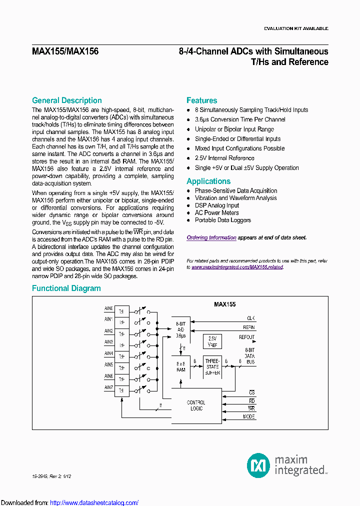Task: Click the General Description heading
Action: tap(66, 100)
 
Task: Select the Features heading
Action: tap(201, 100)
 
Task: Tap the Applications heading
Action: tap(208, 181)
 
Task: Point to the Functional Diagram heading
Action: tap(66, 288)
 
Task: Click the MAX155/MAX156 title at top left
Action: tap(65, 51)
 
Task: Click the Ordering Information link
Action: tap(211, 238)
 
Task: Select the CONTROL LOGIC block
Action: tap(196, 405)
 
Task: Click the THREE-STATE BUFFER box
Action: tap(212, 366)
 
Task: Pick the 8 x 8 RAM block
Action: tap(181, 366)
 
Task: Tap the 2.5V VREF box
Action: tap(212, 341)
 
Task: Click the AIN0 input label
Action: tap(108, 308)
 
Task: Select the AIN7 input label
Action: tap(108, 387)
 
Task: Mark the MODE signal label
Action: tap(248, 416)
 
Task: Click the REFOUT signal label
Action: tap(246, 337)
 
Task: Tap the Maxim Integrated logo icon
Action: tap(258, 465)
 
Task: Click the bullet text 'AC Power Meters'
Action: tap(216, 213)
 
